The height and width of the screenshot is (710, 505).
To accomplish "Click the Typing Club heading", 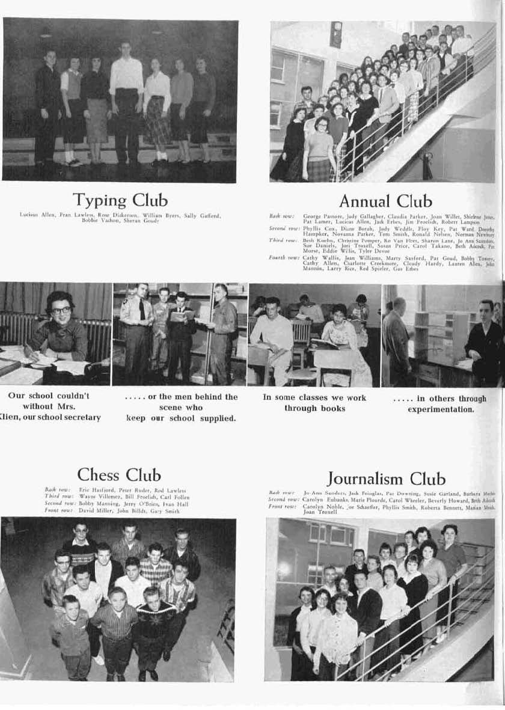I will coord(120,200).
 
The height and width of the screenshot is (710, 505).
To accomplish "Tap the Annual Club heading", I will coord(385,201).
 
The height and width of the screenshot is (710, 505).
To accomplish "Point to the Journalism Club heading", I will coord(386,479).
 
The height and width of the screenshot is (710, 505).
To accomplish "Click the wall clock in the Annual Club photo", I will coord(335,34).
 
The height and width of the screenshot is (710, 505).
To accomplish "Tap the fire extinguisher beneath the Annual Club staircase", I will coord(427,165).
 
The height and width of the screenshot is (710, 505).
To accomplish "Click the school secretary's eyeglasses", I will coord(61,310).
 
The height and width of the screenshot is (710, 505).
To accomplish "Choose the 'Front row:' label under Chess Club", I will coord(59,510).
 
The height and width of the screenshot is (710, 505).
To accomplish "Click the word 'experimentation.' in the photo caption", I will coord(441,409).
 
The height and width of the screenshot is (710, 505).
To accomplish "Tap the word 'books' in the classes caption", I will coord(332,409).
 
